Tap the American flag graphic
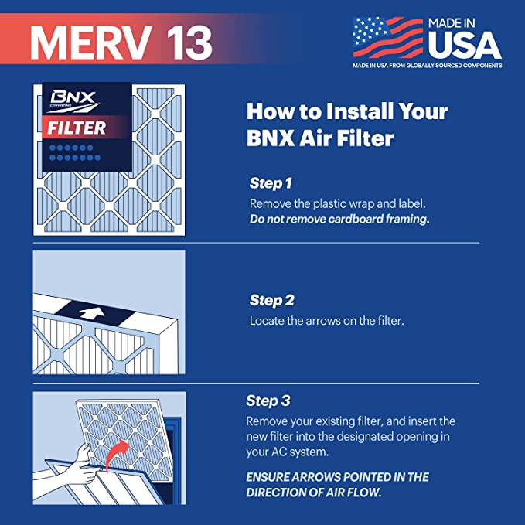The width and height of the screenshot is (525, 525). coord(386,36)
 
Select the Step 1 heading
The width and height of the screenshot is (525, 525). coord(271,184)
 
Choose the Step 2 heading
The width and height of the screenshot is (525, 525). coord(271,300)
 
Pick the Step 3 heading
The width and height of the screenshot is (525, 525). coord(268,401)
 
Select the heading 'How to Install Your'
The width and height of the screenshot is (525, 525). coord(346,111)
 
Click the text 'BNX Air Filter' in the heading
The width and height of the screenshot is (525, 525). coord(320,139)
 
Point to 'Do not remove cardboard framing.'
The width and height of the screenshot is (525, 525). coord(339,219)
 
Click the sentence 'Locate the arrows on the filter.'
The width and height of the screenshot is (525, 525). coord(326,319)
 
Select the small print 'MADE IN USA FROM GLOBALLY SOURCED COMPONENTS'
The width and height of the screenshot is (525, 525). coord(428,66)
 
